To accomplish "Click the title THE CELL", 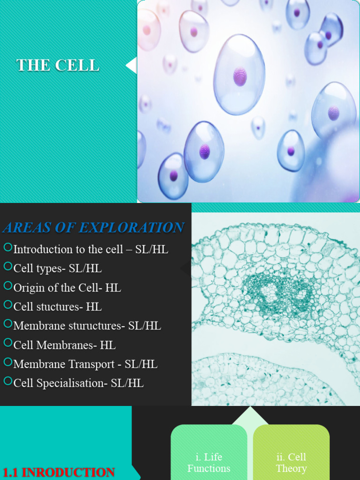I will point(58,65).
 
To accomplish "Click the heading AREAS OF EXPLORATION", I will point(93,228).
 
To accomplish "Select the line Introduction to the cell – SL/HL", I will point(90,249).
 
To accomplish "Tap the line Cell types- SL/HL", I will point(57,269).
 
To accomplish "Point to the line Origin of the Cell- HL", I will point(67,288).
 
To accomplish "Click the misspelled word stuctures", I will point(58,307).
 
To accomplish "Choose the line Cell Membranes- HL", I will point(64,345).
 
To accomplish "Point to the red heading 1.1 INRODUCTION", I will point(59,472).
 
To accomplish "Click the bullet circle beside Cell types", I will point(7,266).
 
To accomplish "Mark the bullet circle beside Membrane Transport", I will point(7,362).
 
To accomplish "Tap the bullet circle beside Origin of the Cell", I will point(7,285).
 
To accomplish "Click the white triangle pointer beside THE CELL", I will point(132,65).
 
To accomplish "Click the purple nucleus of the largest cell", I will point(240,76).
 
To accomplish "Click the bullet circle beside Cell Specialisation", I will point(7,381).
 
